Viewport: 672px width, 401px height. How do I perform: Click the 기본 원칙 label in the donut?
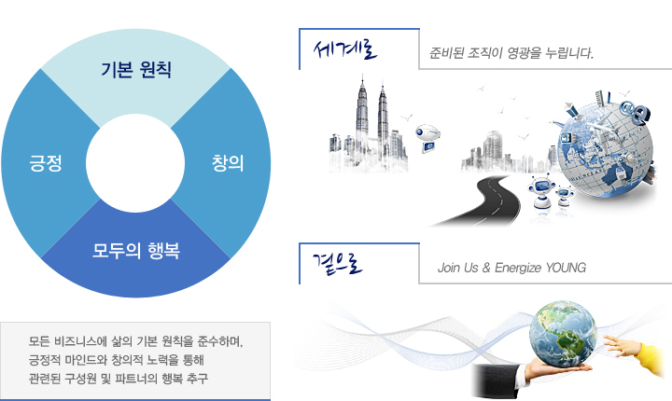136,69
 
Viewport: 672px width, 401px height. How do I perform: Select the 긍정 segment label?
46,163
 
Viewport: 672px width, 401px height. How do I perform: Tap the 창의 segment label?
228,163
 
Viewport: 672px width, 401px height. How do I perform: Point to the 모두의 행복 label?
136,251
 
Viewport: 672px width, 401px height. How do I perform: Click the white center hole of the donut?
135,163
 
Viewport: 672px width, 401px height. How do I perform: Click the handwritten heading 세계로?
345,49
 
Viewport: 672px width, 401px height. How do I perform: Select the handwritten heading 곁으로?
338,263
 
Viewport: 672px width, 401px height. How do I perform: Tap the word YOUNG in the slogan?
566,268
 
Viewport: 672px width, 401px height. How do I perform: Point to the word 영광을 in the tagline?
524,53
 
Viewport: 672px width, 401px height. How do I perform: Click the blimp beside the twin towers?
428,137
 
